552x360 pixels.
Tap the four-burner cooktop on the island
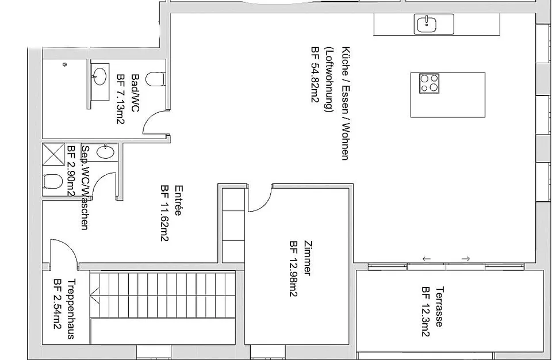[429, 83]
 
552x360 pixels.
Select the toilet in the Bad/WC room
[155, 79]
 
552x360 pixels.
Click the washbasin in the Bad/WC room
[100, 77]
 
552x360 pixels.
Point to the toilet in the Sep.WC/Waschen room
[53, 182]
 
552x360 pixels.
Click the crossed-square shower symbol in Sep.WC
[53, 154]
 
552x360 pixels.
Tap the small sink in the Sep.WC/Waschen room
[105, 152]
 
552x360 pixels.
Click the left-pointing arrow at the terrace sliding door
[426, 259]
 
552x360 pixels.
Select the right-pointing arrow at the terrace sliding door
[465, 259]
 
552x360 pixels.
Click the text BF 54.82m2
[315, 75]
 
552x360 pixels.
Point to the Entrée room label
[178, 201]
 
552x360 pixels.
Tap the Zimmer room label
[307, 258]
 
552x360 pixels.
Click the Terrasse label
[439, 307]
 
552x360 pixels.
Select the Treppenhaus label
[71, 309]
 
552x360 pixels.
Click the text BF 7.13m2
[120, 99]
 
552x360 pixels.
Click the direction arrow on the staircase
[95, 294]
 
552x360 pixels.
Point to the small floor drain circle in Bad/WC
[64, 64]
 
